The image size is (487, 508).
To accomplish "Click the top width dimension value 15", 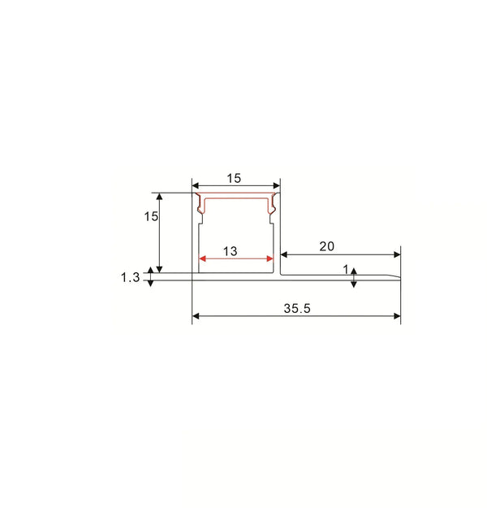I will (234, 178).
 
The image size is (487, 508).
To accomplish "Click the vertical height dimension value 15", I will (150, 216).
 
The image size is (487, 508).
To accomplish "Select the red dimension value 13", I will (230, 251).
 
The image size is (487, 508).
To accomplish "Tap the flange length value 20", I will (327, 245).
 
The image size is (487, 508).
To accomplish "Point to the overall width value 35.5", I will (297, 308).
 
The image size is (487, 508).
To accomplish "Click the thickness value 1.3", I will (130, 277).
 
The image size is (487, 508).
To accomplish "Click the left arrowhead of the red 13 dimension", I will (203, 259).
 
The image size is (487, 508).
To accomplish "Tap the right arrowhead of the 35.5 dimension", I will (397, 316).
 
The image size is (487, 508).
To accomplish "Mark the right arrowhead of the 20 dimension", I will (397, 254).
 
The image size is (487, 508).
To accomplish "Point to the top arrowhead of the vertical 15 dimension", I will (160, 197).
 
